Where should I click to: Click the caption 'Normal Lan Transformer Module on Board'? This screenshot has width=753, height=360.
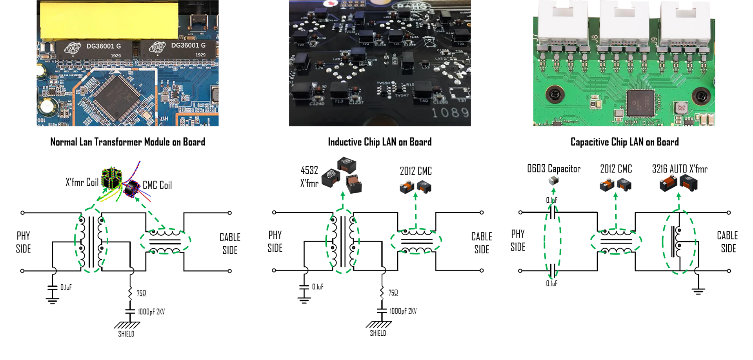[x=127, y=142]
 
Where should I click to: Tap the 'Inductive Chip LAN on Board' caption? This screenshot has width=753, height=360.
[x=380, y=142]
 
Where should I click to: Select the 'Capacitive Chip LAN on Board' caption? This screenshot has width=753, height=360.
[x=624, y=142]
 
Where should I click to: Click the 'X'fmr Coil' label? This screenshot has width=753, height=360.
[x=82, y=182]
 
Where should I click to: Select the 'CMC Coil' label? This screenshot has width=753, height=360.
[x=157, y=185]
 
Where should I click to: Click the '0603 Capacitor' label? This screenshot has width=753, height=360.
[x=553, y=169]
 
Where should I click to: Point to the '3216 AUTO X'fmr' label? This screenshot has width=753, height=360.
[x=680, y=169]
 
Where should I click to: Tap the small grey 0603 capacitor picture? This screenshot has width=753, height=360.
[x=553, y=180]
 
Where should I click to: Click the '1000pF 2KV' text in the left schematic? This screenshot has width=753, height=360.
[x=151, y=312]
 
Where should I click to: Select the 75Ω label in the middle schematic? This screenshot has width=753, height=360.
[x=393, y=293]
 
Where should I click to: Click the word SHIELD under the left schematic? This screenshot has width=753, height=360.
[x=126, y=334]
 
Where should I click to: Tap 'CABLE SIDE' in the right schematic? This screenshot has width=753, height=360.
[x=728, y=242]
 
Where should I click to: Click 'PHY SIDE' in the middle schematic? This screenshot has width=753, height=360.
[x=275, y=241]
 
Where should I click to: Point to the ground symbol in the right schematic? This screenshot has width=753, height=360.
[x=698, y=291]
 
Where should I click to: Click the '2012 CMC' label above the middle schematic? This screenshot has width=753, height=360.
[x=416, y=171]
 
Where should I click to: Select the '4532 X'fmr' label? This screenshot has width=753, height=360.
[x=309, y=176]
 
